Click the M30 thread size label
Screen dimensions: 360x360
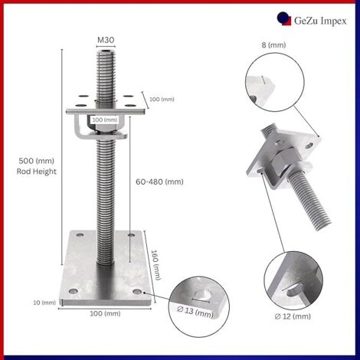point(106,40)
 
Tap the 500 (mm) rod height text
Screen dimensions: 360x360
point(36,161)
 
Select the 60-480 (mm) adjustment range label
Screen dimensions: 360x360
point(159,182)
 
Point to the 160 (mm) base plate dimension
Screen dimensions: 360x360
point(156,265)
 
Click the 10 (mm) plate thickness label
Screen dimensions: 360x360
point(44,303)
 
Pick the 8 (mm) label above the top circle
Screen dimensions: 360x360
point(273,45)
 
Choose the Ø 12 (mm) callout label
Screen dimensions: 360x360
point(293,316)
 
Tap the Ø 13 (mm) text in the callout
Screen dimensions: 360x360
point(195,312)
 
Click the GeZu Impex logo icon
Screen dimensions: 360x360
point(284,19)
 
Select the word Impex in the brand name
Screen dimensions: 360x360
point(333,21)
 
